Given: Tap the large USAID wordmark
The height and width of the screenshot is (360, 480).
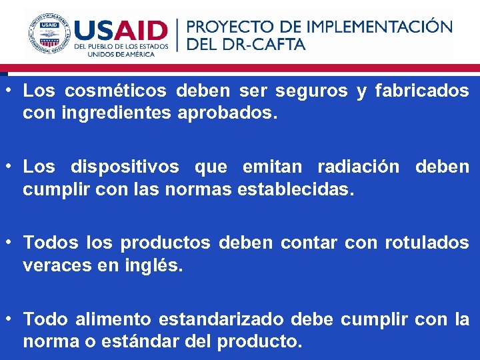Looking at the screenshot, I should point(121,31).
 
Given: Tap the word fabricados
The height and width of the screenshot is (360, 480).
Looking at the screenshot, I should point(422,91).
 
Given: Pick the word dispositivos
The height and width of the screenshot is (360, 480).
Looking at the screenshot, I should point(125,167).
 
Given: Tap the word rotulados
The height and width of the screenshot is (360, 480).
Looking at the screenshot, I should point(427,243).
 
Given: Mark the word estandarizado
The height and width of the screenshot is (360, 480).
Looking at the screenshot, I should point(223,320).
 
